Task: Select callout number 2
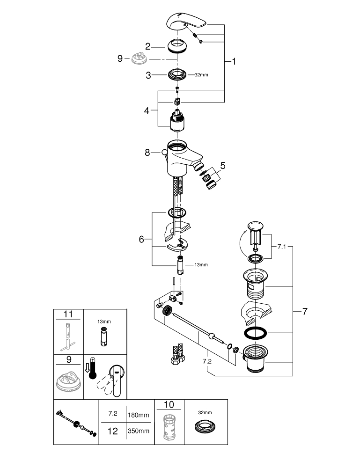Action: coord(148,46)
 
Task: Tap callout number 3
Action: coord(148,75)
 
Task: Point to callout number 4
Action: coord(147,111)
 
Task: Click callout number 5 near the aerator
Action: coord(223,165)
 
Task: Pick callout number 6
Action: coord(141,239)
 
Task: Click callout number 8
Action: coord(147,152)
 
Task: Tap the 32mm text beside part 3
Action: coord(201,75)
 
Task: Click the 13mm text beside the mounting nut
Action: coord(201,264)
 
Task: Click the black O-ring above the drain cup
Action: coord(255,333)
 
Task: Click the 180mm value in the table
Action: coord(139,415)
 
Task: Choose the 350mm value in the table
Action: coord(139,431)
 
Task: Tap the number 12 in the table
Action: coord(113,431)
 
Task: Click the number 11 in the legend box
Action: coord(68,314)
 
